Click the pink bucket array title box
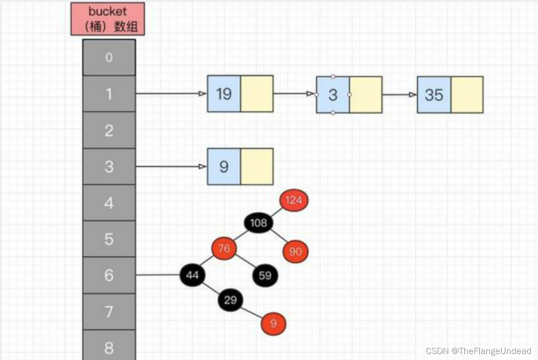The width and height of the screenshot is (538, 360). pyautogui.click(x=108, y=19)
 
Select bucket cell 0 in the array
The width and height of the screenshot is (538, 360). pyautogui.click(x=109, y=58)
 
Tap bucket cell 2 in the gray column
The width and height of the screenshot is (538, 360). pyautogui.click(x=109, y=130)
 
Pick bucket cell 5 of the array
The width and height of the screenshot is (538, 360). pyautogui.click(x=109, y=239)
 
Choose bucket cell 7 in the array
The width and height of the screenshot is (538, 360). pyautogui.click(x=109, y=312)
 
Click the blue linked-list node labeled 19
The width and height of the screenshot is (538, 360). pyautogui.click(x=224, y=94)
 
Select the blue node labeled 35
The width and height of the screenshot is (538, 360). pyautogui.click(x=434, y=95)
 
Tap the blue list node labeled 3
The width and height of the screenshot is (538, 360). pyautogui.click(x=333, y=95)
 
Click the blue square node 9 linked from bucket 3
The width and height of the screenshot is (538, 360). pyautogui.click(x=224, y=167)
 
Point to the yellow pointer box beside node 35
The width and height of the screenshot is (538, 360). pyautogui.click(x=467, y=95)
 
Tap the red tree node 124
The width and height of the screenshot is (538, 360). pyautogui.click(x=293, y=200)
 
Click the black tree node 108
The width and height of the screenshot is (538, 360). pyautogui.click(x=258, y=223)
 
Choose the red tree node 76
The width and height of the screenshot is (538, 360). pyautogui.click(x=224, y=249)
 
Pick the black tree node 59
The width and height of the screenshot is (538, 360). pyautogui.click(x=265, y=276)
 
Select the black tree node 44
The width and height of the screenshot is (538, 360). pyautogui.click(x=192, y=275)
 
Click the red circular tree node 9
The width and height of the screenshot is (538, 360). pyautogui.click(x=273, y=324)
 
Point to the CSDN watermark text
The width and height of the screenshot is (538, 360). pyautogui.click(x=478, y=351)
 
